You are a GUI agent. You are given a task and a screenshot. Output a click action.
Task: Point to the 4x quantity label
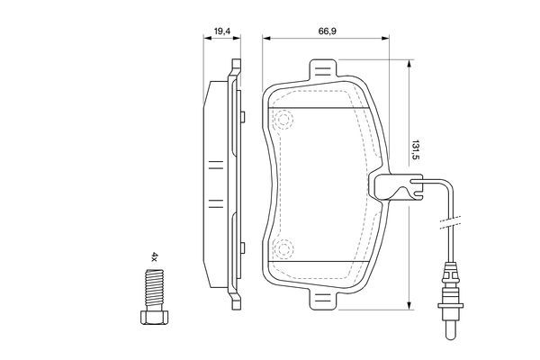coord(154,257)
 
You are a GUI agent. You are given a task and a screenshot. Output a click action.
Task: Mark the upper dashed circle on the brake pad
coord(284,119)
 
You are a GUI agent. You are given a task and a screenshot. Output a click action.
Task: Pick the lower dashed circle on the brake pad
coord(284,248)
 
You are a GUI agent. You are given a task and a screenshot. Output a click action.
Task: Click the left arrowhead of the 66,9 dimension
coord(265,39)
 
